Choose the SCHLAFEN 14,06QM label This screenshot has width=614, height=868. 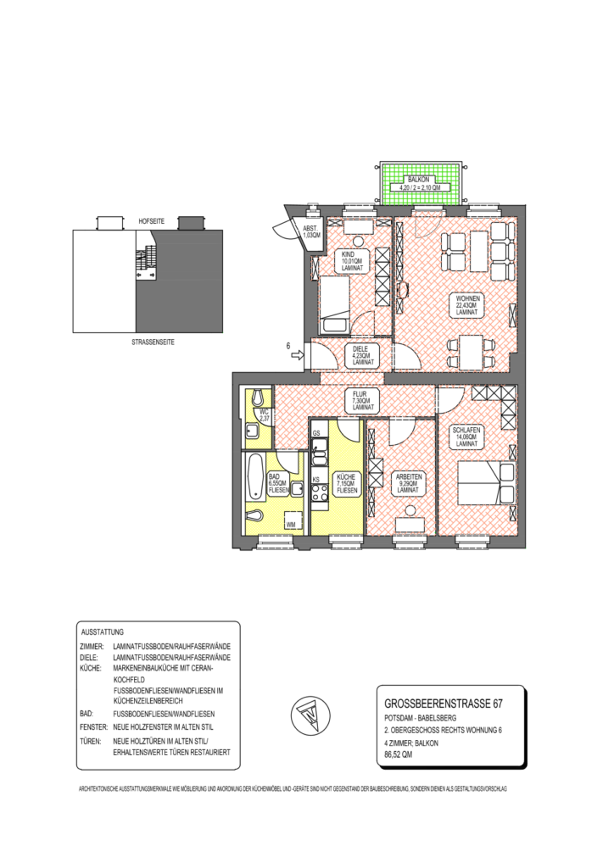pyautogui.click(x=468, y=437)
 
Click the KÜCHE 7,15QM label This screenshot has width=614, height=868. pyautogui.click(x=346, y=483)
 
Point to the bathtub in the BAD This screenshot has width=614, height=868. pyautogui.click(x=254, y=476)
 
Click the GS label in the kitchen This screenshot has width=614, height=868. pyautogui.click(x=316, y=434)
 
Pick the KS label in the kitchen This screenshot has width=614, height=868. pyautogui.click(x=316, y=480)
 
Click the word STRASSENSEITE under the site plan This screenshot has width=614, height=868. pyautogui.click(x=149, y=345)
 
